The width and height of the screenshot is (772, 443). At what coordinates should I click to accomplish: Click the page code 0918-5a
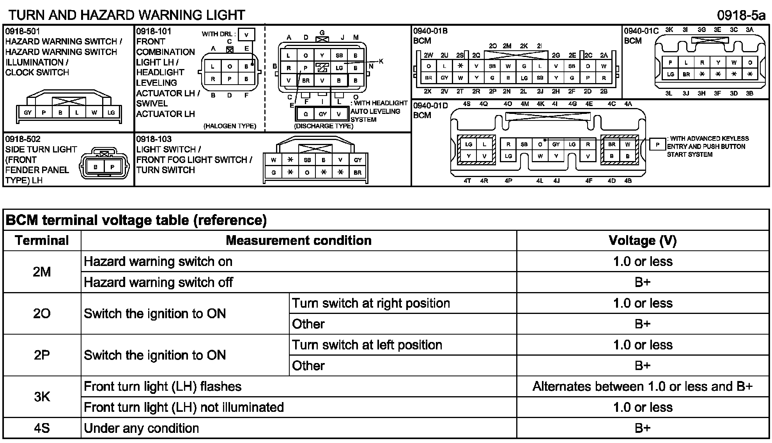(741, 15)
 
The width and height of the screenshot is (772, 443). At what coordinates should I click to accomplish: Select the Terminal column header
(42, 240)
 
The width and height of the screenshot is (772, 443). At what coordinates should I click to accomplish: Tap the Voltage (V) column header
(642, 240)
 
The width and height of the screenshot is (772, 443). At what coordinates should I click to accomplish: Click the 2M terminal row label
(42, 271)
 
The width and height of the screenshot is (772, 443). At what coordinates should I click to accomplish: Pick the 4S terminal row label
(42, 428)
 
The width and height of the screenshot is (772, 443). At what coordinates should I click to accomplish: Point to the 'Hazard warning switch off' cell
(158, 282)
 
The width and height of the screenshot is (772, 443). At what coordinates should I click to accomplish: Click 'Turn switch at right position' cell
(371, 303)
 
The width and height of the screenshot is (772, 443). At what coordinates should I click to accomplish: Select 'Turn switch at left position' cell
(367, 345)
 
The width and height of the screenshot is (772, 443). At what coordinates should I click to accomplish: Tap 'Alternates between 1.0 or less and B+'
(642, 386)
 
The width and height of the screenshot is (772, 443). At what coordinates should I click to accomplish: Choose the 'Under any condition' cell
(142, 428)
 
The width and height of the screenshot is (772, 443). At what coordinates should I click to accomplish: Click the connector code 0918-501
(23, 31)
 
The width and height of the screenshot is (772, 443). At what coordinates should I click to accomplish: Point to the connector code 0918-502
(23, 139)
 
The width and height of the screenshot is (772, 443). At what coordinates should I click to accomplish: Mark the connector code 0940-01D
(430, 106)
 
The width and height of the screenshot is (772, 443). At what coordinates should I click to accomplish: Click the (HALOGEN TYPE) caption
(230, 126)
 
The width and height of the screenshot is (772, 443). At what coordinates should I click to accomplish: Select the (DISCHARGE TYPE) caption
(324, 126)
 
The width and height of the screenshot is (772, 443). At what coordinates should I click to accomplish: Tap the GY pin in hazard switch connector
(28, 113)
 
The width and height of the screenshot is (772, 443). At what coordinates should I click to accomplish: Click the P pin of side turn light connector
(113, 167)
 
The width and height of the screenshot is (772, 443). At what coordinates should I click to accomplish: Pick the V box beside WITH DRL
(246, 35)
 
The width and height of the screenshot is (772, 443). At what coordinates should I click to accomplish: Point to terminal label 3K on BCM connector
(669, 30)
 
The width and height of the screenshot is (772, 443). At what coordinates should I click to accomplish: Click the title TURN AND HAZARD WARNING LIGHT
(127, 15)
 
